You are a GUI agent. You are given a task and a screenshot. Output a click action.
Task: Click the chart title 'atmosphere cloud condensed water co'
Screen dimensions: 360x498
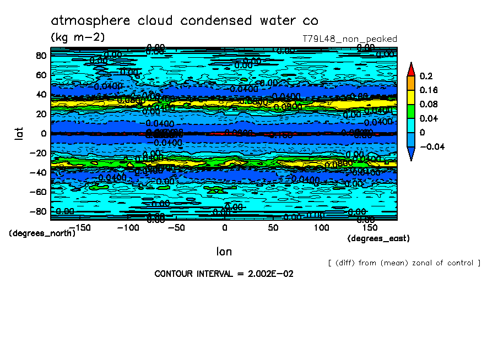tap(184, 21)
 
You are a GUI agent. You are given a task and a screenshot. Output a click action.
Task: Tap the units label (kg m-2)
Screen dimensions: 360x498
tap(77, 37)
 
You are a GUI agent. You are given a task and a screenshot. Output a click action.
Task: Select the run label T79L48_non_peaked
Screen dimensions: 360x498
tap(350, 39)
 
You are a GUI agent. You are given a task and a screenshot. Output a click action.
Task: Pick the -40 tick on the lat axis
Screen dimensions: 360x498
tap(39, 172)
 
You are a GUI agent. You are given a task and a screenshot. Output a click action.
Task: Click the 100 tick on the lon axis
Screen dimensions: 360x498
tap(322, 227)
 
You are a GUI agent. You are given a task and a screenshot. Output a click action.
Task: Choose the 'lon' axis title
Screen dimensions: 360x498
tap(224, 252)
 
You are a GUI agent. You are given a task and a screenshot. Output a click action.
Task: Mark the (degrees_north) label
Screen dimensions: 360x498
tap(42, 233)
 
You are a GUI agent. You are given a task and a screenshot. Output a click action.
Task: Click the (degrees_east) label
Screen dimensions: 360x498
tap(378, 238)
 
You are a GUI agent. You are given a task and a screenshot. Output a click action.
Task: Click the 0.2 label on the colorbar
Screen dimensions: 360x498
tap(426, 76)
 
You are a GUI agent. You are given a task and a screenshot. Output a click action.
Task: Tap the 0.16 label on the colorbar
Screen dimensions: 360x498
tap(428, 90)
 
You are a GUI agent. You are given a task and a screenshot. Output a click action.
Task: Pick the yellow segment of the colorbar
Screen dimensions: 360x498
tap(411, 97)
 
